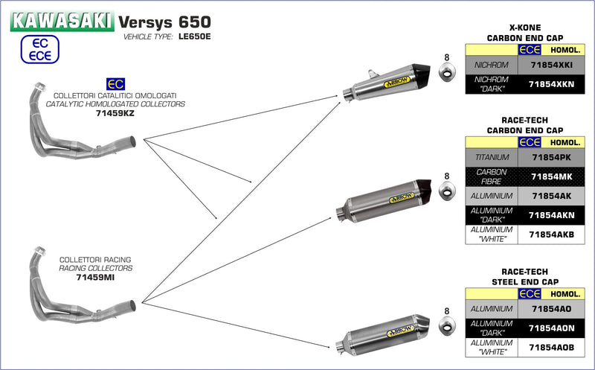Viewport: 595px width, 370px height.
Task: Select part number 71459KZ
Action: point(115,114)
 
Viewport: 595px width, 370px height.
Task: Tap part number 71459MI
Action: point(96,276)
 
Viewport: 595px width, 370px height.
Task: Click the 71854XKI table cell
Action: point(551,66)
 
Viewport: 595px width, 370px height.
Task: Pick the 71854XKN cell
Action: point(551,84)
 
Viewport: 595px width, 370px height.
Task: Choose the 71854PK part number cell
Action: point(551,157)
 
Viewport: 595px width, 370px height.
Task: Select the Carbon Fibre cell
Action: point(491,176)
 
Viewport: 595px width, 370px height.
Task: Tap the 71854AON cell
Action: point(551,328)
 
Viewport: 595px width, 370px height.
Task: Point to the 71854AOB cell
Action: point(551,347)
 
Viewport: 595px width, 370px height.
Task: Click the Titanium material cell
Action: point(491,157)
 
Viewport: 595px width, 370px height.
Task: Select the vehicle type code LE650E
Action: point(193,36)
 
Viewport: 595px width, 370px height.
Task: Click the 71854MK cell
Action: point(551,176)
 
